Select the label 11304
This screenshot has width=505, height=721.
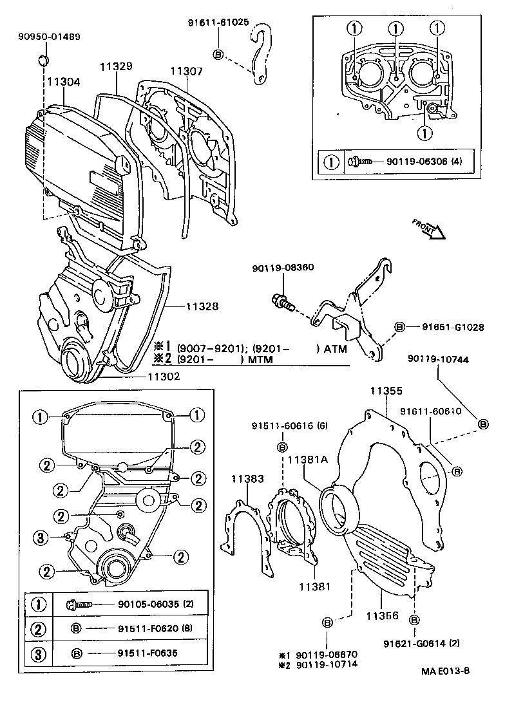point(63,82)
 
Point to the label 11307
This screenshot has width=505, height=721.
point(187,71)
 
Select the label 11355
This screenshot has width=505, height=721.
point(386,391)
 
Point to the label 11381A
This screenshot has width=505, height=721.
point(308,460)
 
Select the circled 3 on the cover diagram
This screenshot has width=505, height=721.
point(40,538)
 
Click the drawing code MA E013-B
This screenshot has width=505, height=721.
point(445,671)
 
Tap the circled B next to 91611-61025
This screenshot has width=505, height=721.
point(218,55)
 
